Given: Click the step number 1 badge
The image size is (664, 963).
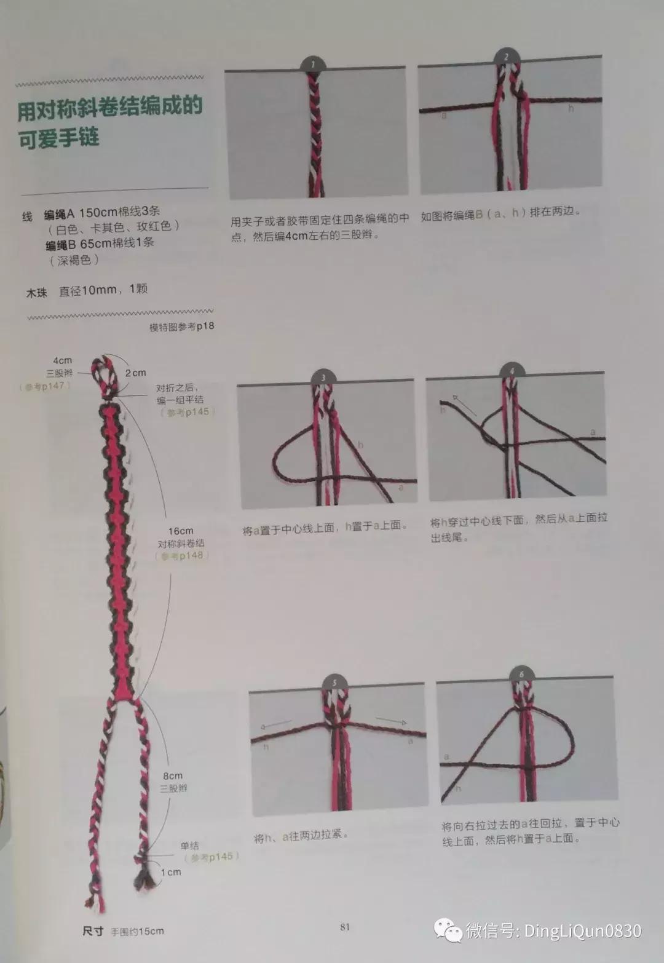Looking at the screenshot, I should (313, 64).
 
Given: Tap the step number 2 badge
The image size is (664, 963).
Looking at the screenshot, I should (506, 57).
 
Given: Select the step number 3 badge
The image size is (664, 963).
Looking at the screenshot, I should (323, 378).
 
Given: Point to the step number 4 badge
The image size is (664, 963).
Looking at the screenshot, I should (512, 371).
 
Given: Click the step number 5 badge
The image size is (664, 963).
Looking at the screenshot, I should (334, 683).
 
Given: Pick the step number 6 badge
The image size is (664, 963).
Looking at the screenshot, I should (521, 674).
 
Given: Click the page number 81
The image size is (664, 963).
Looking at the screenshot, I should (344, 927).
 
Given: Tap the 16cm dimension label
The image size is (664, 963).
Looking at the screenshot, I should (181, 531).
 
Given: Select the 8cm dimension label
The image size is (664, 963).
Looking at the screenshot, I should (173, 776).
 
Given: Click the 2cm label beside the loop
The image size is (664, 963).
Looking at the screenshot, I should (135, 373).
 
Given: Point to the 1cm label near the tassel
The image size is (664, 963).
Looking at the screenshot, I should (171, 872).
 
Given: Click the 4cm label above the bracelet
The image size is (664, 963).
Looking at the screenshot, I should (62, 360).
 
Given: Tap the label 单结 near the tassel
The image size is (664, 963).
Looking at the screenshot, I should (189, 846).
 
